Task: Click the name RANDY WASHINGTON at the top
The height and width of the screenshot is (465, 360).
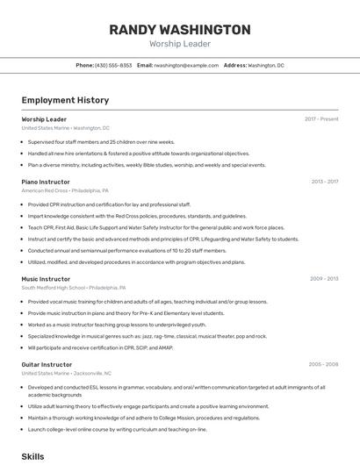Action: tap(180, 30)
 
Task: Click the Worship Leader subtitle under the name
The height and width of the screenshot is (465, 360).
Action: tap(180, 44)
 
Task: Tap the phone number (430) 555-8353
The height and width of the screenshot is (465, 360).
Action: tap(113, 66)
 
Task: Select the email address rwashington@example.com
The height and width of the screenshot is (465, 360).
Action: tap(186, 66)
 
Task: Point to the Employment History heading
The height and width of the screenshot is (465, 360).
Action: tap(65, 101)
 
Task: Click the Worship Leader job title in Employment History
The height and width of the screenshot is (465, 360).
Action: tap(44, 119)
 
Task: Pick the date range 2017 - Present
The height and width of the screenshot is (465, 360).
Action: tap(321, 119)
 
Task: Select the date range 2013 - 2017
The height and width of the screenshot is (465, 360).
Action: tap(324, 182)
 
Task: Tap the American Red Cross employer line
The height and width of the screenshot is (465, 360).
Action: tap(65, 190)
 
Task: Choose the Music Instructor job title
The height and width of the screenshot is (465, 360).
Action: tap(46, 279)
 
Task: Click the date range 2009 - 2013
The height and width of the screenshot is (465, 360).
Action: tap(324, 279)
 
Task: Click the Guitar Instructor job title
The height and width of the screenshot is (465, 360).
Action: tap(47, 364)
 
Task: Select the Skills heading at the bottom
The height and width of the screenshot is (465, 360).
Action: tap(32, 457)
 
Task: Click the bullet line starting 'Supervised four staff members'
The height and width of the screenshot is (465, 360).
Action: tap(101, 141)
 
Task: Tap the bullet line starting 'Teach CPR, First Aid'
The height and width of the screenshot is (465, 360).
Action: tap(155, 227)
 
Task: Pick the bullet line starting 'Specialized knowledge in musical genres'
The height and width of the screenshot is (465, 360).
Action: tap(147, 336)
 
